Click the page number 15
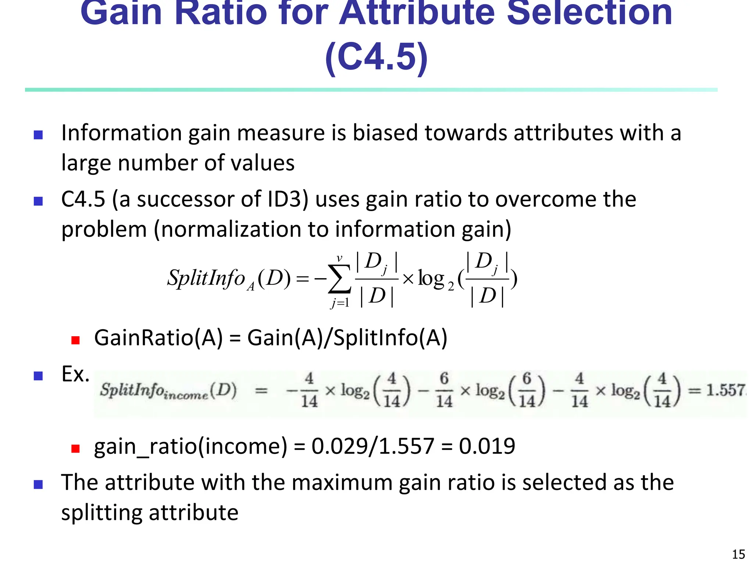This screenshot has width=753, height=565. [x=738, y=554]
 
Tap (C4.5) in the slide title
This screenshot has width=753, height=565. [x=376, y=57]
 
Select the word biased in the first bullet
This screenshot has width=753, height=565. [x=385, y=133]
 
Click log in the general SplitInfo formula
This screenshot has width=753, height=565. [x=431, y=279]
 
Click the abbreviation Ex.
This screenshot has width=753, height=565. [x=75, y=374]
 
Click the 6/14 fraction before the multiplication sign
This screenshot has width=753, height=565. [x=444, y=390]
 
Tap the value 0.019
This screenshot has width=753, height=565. [x=487, y=446]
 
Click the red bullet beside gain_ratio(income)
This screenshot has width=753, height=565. [x=75, y=448]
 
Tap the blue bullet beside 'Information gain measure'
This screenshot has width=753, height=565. [x=38, y=135]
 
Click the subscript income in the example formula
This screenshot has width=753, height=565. [x=186, y=396]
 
